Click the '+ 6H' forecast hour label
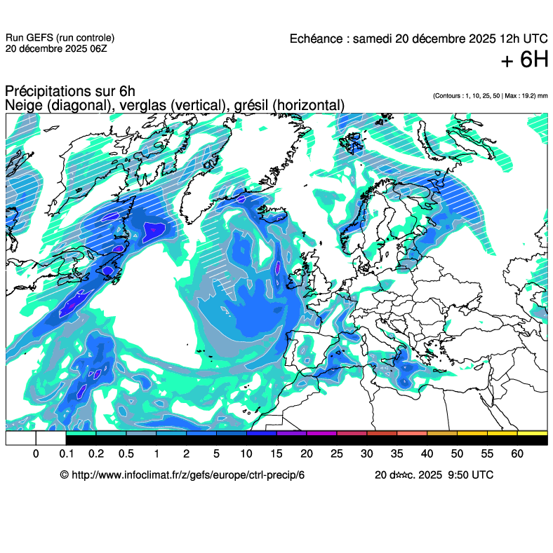524,61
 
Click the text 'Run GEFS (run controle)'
60,38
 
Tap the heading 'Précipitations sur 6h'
69,92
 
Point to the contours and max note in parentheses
490,95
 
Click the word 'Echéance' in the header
317,39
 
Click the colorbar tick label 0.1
66,454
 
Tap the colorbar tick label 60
517,454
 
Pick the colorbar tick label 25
337,454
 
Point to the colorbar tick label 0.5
126,454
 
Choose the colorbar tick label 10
246,454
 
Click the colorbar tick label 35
397,454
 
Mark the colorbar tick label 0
36,454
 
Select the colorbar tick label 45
457,454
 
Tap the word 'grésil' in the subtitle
251,105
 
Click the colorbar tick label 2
186,454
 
